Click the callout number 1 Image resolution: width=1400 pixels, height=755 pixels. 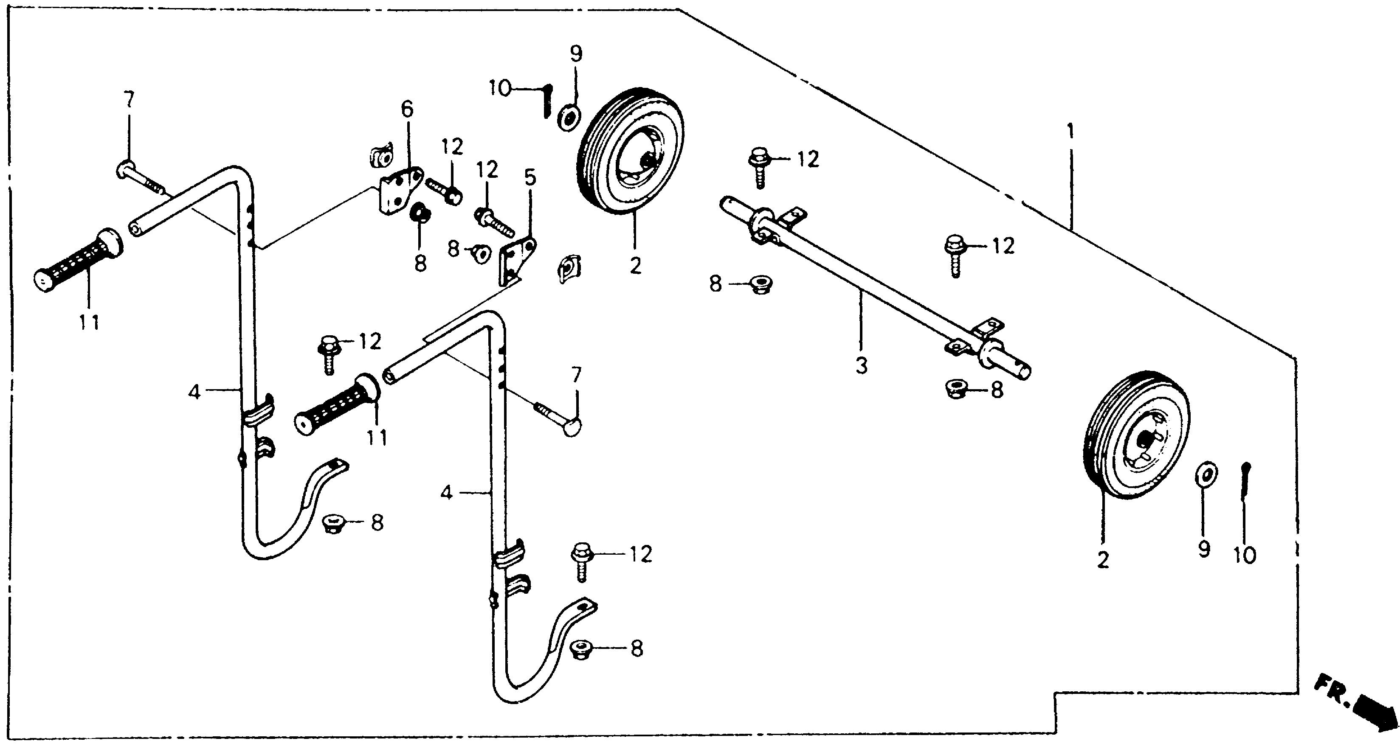point(1070,132)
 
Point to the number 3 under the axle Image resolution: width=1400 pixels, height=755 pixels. point(862,365)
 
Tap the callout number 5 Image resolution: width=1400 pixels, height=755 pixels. point(530,178)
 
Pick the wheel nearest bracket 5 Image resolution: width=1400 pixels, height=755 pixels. point(631,152)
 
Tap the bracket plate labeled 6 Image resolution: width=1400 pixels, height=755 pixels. point(400,190)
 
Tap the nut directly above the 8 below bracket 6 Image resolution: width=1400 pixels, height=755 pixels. point(419,212)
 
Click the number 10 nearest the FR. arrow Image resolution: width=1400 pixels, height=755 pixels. point(1245,555)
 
